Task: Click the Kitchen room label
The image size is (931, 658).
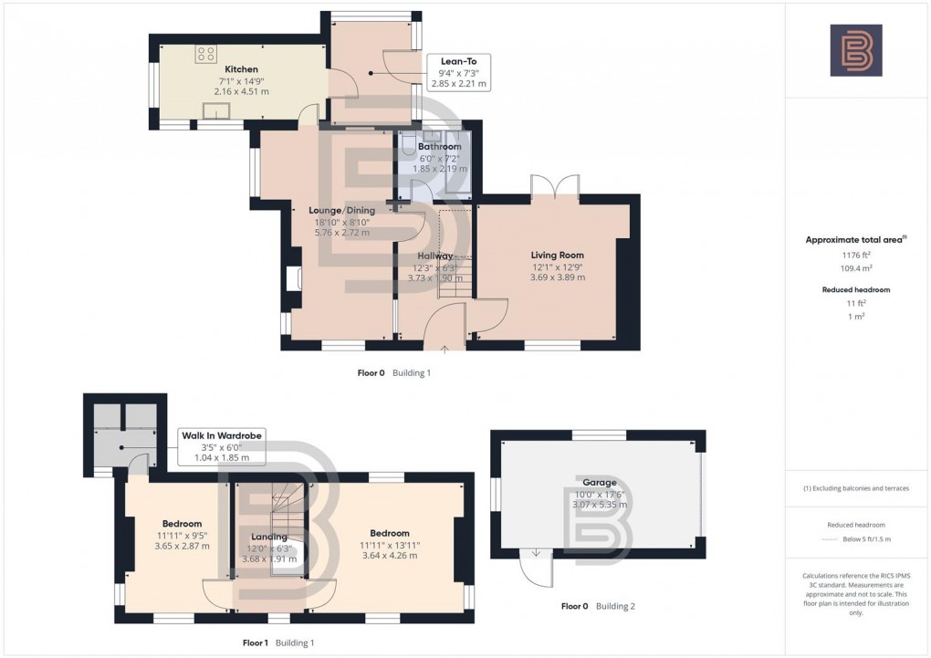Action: coord(241,69)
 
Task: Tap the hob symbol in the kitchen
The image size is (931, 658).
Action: coord(206,54)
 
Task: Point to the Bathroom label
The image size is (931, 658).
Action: coord(439,146)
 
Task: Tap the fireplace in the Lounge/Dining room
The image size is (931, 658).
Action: coord(291,278)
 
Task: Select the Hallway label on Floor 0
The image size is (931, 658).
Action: coord(435,256)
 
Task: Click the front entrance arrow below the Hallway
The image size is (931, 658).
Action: coord(445,348)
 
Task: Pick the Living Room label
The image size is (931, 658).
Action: coord(557,256)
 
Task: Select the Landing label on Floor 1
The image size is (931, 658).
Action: coord(269,537)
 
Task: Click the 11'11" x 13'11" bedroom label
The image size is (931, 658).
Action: coord(390,533)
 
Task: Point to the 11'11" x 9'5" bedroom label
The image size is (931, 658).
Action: coord(182,524)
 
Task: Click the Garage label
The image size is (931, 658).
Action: coord(599,482)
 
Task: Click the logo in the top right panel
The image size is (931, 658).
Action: coord(855,50)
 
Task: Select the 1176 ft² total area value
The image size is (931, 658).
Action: coord(855,256)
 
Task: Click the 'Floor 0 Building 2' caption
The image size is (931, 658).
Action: coord(609,606)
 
